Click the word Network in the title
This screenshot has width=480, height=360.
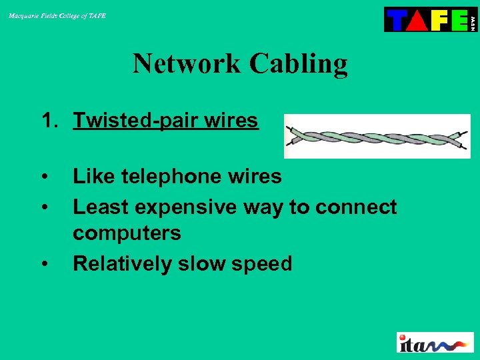(186, 64)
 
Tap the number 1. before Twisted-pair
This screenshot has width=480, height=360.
(51, 121)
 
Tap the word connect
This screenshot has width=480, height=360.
(356, 207)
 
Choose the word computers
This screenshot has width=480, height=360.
(127, 233)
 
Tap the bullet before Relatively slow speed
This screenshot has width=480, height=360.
(45, 265)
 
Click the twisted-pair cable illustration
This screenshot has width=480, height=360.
(377, 136)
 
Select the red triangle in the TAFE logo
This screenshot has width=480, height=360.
(416, 20)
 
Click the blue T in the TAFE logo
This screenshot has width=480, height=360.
(397, 20)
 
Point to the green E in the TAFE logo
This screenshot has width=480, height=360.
(458, 20)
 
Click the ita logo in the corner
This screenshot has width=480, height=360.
(435, 342)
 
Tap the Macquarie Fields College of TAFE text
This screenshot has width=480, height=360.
(57, 15)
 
